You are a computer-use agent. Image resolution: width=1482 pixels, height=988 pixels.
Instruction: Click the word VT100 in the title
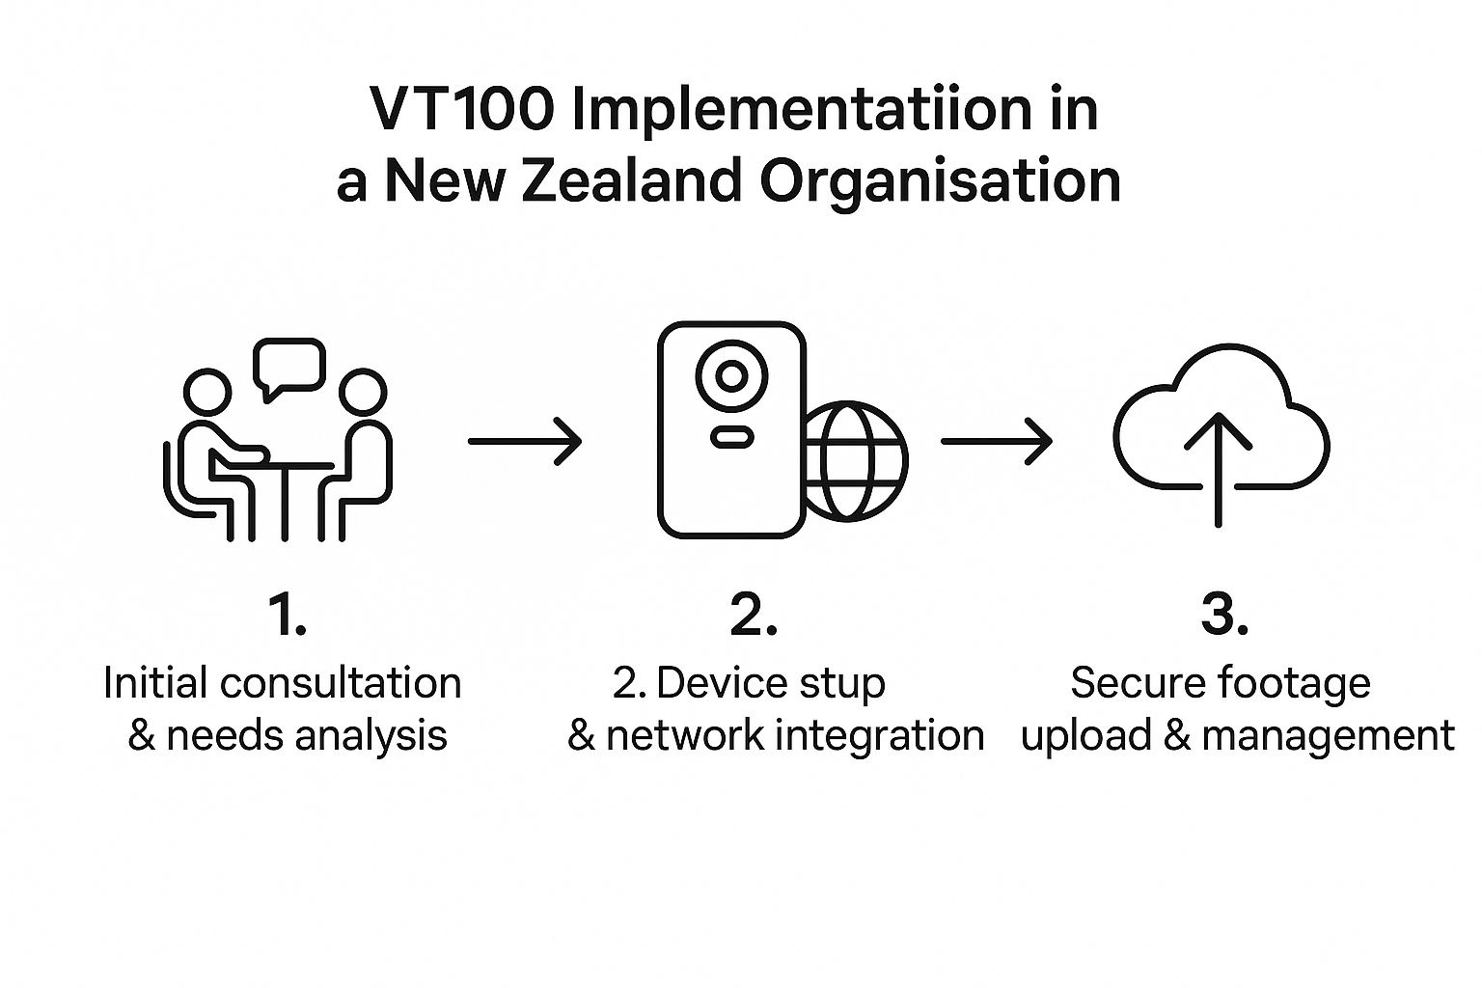[x=462, y=110]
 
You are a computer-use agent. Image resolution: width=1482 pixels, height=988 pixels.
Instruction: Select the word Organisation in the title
[x=940, y=180]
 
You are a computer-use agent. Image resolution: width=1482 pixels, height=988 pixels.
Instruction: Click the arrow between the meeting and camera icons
[x=525, y=441]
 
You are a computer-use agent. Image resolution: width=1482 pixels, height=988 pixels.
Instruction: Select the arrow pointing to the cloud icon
[x=996, y=441]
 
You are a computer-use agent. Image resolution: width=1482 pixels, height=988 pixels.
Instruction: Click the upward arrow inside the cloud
[x=1218, y=468]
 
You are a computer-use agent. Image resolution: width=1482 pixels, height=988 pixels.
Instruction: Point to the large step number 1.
[x=287, y=615]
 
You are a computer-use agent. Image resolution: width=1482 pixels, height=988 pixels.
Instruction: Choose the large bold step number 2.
[x=754, y=615]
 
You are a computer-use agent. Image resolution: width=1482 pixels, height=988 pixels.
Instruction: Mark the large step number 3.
[x=1224, y=615]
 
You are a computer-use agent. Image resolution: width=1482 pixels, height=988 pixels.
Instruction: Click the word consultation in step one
[x=341, y=683]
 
